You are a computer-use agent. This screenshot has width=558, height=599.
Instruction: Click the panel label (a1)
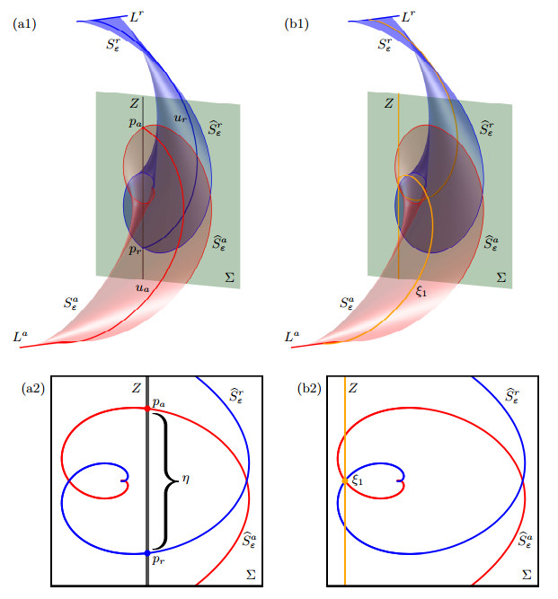click(24, 24)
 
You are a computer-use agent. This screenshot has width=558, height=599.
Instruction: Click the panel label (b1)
click(297, 24)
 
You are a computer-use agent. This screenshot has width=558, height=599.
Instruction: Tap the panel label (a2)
click(33, 389)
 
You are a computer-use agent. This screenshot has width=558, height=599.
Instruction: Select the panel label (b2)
click(309, 389)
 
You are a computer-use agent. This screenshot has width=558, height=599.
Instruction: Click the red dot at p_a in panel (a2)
click(147, 409)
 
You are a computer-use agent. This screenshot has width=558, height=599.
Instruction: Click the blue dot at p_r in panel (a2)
click(147, 553)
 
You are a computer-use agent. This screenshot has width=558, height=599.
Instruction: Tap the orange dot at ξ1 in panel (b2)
click(345, 481)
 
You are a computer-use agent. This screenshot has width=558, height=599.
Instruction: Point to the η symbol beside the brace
click(186, 479)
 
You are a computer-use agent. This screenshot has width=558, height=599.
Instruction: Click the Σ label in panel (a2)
click(251, 575)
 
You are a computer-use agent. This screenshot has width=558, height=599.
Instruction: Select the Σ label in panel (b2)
click(527, 575)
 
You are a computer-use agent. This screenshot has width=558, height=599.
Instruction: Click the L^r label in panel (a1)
click(136, 16)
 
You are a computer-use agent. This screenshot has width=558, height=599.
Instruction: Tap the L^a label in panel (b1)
click(292, 336)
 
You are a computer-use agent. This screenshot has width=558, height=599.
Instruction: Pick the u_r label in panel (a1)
click(181, 118)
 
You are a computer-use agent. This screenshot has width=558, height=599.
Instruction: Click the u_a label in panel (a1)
click(142, 287)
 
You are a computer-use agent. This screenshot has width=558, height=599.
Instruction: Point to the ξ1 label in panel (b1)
click(421, 292)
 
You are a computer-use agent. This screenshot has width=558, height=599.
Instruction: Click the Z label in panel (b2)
click(353, 389)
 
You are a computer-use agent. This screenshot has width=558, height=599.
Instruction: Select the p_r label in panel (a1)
click(135, 251)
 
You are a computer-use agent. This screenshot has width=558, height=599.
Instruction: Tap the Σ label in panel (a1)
click(229, 277)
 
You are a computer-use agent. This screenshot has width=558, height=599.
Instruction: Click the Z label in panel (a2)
click(137, 389)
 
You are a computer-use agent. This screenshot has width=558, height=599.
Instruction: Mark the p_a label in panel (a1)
click(135, 123)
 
